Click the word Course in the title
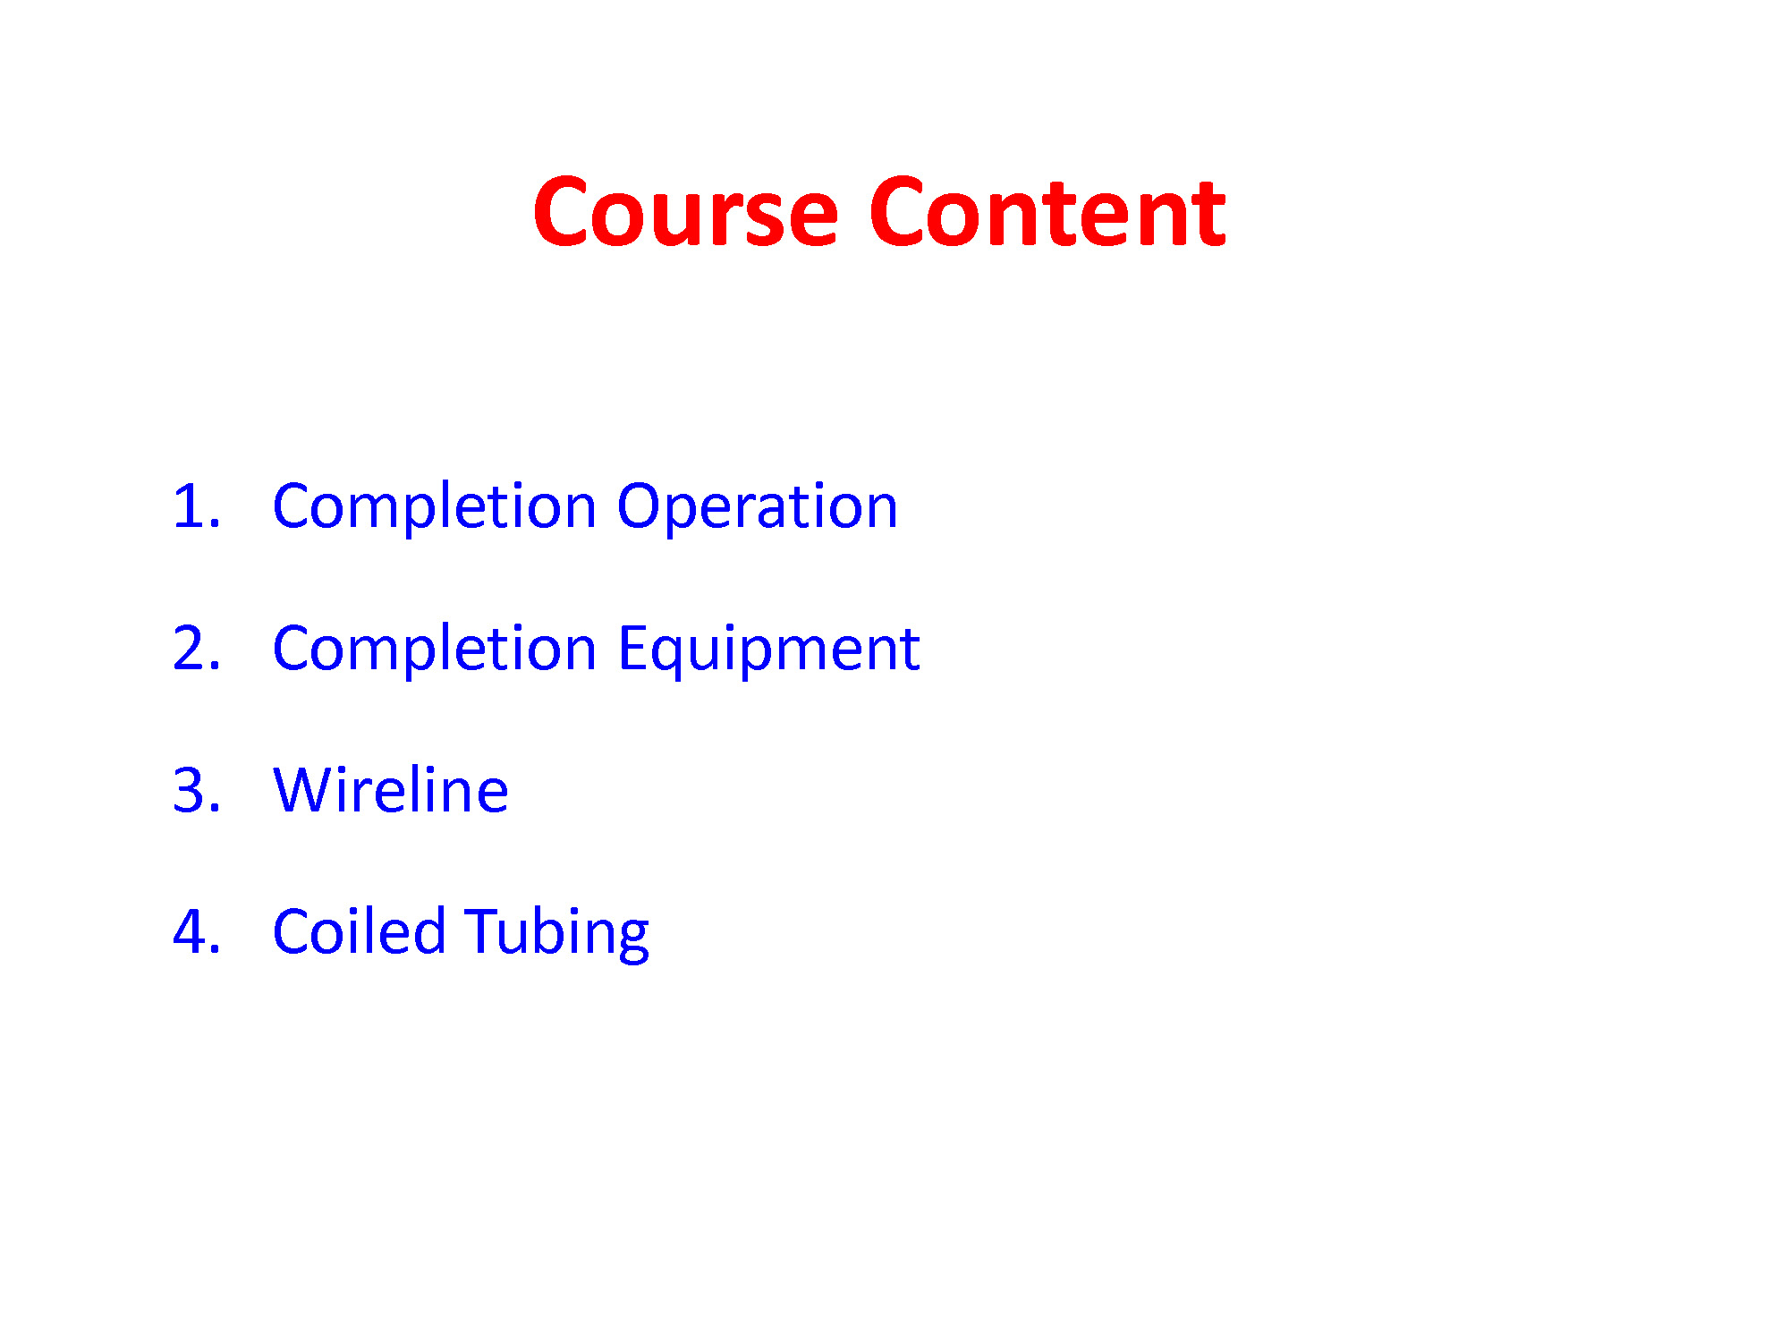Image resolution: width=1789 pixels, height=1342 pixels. tap(685, 212)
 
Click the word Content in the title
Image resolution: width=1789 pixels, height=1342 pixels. tap(1047, 212)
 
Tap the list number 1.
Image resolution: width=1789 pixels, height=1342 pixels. tap(196, 506)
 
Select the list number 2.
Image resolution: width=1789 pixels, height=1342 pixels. tap(196, 648)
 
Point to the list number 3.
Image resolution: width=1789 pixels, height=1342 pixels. tap(196, 790)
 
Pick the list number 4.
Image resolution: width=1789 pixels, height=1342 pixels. tap(196, 931)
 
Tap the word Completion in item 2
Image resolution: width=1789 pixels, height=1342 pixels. tap(435, 650)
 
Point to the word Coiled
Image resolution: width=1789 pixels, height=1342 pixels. tap(359, 930)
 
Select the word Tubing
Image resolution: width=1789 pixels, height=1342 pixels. tap(557, 933)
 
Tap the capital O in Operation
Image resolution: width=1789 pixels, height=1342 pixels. tap(640, 506)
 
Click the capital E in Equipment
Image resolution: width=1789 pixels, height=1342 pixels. tap(632, 648)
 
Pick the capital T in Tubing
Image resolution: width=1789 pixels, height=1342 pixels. tap(484, 931)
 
